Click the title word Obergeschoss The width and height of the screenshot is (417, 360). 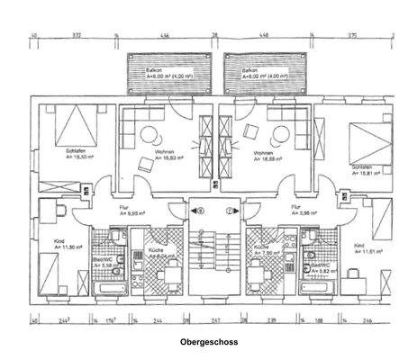tap(208, 342)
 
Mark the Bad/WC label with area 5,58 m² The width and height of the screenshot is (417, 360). tap(102, 264)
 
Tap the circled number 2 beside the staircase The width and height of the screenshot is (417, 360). tap(231, 212)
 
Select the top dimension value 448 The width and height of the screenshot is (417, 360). tap(265, 36)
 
